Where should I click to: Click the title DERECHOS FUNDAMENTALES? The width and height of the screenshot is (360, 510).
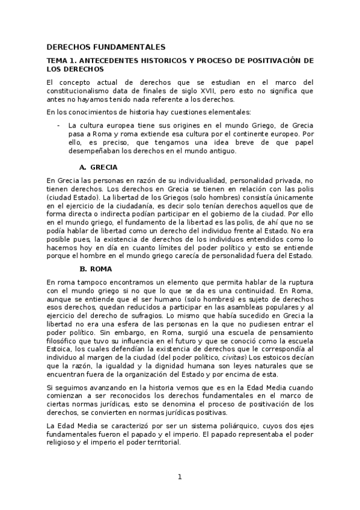105,46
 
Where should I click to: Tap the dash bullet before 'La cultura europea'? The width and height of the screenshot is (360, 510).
58,125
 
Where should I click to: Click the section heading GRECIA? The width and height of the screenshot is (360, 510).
104,167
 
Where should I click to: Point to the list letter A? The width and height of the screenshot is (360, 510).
83,167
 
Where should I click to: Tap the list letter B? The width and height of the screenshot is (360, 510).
83,269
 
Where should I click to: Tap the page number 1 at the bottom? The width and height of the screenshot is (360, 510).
179,478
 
